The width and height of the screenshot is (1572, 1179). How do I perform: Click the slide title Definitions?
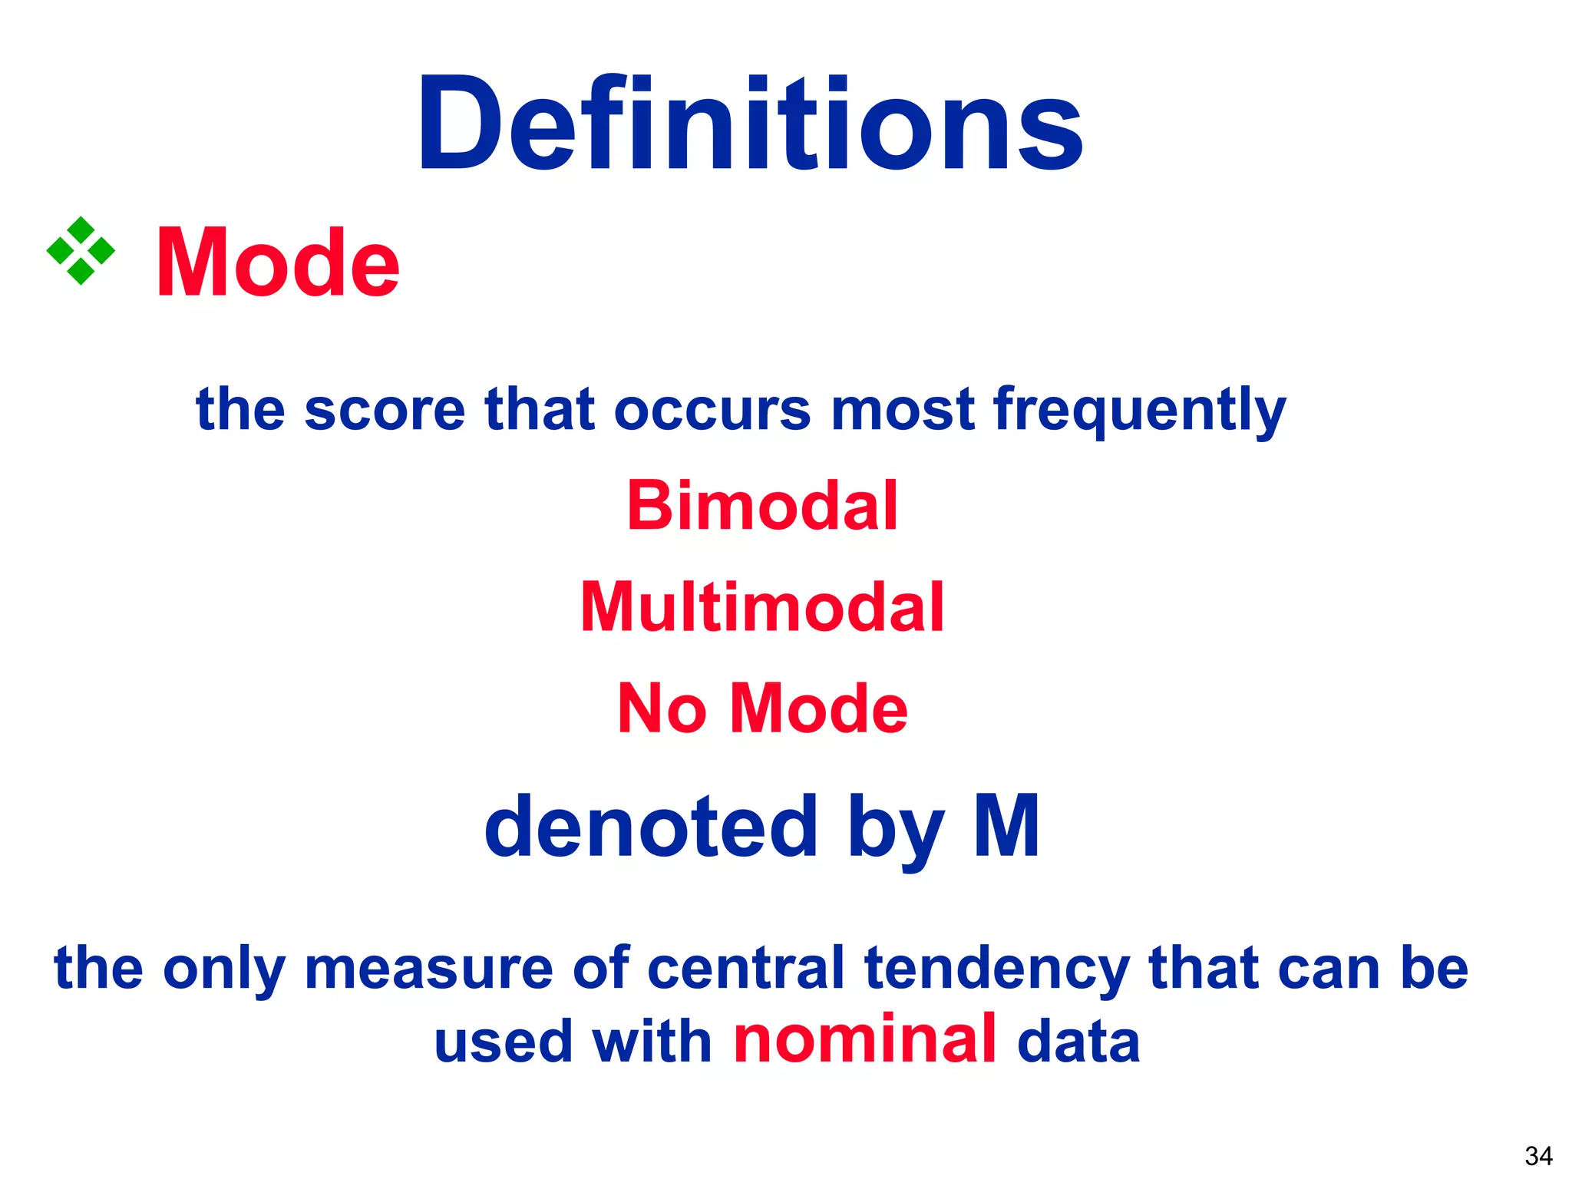[749, 124]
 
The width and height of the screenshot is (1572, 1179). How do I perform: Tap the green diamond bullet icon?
[81, 251]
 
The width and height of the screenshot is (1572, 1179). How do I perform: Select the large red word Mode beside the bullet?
[278, 263]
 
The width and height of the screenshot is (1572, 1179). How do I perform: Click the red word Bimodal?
[762, 506]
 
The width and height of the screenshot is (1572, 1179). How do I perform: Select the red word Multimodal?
[762, 607]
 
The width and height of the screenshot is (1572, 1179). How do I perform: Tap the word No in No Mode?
[662, 708]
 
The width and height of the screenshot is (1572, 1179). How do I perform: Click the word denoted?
[651, 827]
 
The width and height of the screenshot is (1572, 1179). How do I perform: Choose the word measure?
[429, 968]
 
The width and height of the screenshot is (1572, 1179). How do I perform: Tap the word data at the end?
[1078, 1042]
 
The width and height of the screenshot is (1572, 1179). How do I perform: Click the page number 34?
[1538, 1156]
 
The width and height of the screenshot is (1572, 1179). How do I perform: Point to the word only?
[224, 969]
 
